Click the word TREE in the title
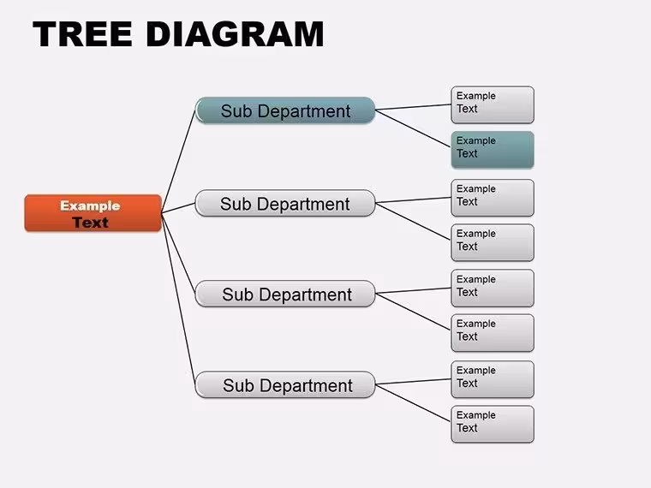pyautogui.click(x=82, y=34)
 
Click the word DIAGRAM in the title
pyautogui.click(x=235, y=34)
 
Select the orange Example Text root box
pyautogui.click(x=93, y=213)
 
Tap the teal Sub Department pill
pyautogui.click(x=285, y=110)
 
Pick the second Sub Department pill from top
pyautogui.click(x=285, y=204)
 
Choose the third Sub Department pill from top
pyautogui.click(x=285, y=294)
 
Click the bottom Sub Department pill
pyautogui.click(x=285, y=384)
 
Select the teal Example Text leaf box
pyautogui.click(x=493, y=150)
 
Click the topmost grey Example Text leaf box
pyautogui.click(x=493, y=105)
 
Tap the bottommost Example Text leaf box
pyautogui.click(x=493, y=424)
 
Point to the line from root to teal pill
pyautogui.click(x=178, y=162)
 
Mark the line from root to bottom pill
pyautogui.click(x=178, y=299)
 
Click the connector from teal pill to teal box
pyautogui.click(x=413, y=128)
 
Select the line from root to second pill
pyautogui.click(x=178, y=208)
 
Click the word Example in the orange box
pyautogui.click(x=90, y=205)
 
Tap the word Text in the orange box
pyautogui.click(x=90, y=223)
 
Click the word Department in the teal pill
pyautogui.click(x=304, y=111)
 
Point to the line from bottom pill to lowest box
pyautogui.click(x=413, y=403)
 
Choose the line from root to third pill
pyautogui.click(x=178, y=253)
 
